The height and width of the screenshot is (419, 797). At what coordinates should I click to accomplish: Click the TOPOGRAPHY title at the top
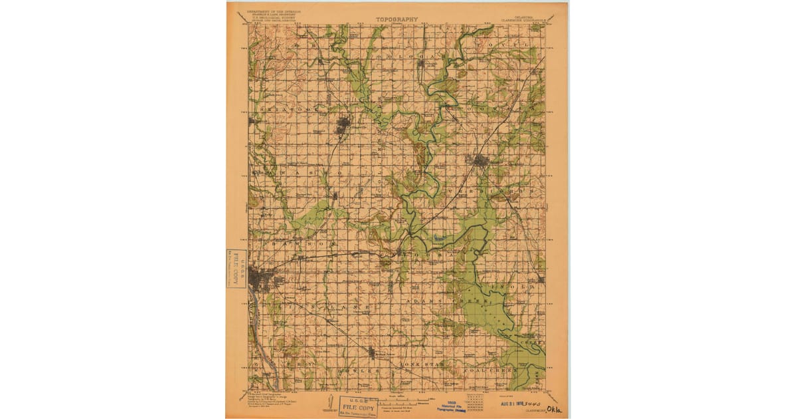click(397, 19)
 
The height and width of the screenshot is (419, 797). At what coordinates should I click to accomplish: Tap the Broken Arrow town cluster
click(371, 352)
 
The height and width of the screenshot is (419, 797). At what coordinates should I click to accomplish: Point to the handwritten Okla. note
click(552, 403)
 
